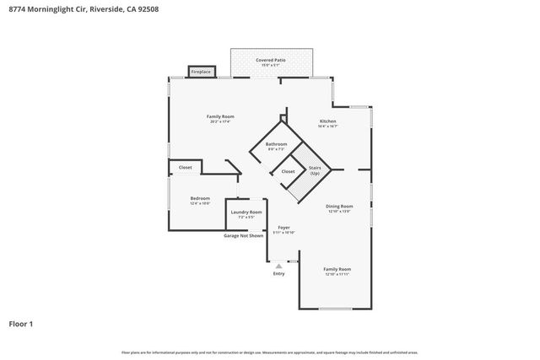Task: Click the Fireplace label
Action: (x=201, y=73)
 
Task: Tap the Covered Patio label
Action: (x=271, y=61)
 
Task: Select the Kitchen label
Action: (x=328, y=121)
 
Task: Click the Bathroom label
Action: (x=276, y=144)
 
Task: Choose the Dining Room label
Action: (x=339, y=206)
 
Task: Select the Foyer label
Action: (x=283, y=228)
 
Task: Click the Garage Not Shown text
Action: (x=243, y=235)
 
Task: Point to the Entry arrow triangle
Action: (x=278, y=265)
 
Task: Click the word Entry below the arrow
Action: (x=278, y=273)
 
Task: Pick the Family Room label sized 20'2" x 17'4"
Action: (x=220, y=116)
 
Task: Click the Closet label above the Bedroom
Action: (x=185, y=167)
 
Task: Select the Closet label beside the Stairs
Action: (x=288, y=171)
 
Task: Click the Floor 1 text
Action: (x=21, y=323)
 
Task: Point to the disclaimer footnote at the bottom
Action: (x=270, y=352)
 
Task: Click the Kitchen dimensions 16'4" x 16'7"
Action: (x=328, y=126)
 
